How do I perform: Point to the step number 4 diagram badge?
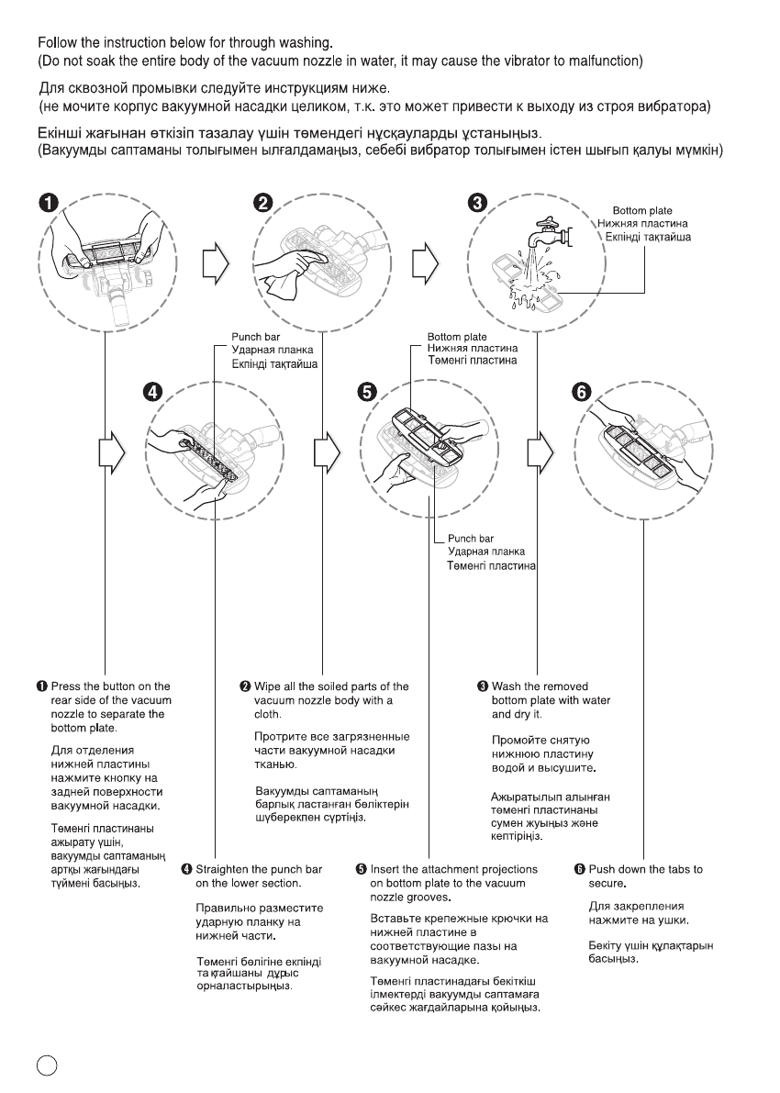[x=157, y=391]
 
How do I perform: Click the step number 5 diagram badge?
[x=365, y=392]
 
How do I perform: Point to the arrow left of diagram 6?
[x=539, y=453]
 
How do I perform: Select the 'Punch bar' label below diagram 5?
[x=471, y=539]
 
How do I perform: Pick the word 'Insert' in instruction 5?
[x=385, y=869]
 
